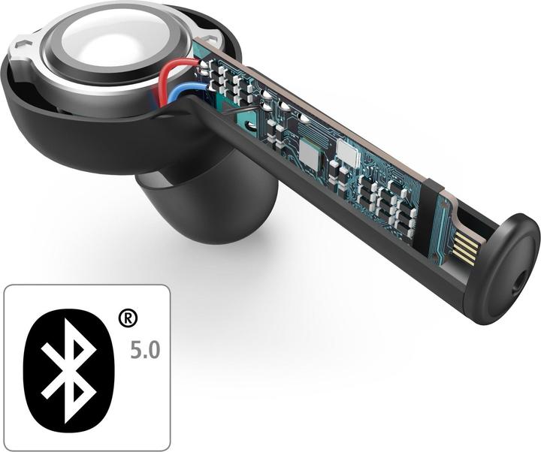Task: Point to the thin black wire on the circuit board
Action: [238, 111]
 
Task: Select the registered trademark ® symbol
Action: [128, 318]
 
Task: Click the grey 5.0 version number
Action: [145, 350]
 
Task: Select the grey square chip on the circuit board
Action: [308, 152]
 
